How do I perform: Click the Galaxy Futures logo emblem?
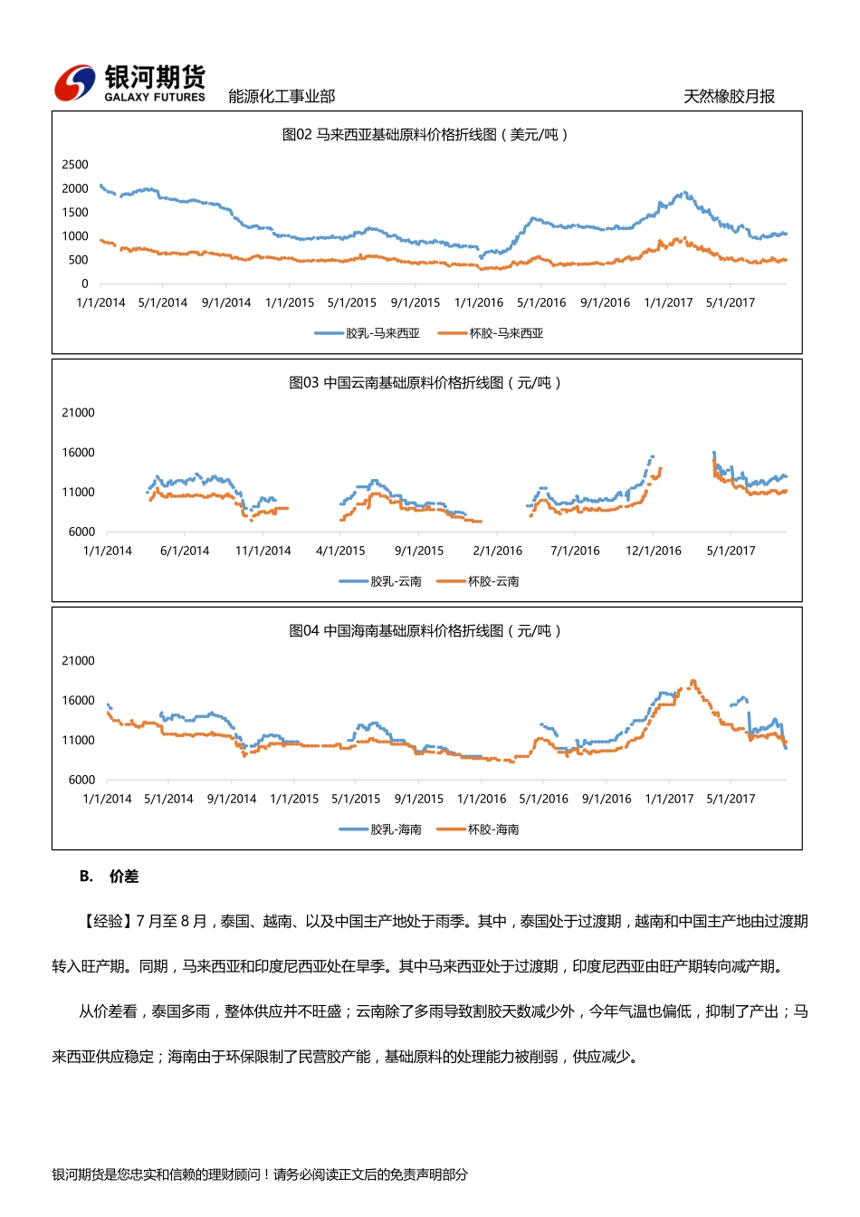pos(74,84)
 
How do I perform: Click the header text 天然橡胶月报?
pos(729,97)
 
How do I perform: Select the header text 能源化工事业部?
pos(282,97)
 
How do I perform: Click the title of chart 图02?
pos(425,135)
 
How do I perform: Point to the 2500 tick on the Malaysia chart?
pos(75,165)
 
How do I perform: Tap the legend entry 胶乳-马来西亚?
pos(368,333)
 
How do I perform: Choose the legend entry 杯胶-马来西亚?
pos(491,333)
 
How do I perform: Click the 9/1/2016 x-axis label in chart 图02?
pos(605,303)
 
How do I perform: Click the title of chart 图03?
pos(425,383)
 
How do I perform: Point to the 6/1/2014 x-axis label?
pos(185,551)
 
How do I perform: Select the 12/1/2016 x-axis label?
pos(654,551)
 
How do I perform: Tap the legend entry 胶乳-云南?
pos(381,581)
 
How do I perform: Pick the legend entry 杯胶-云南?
pos(479,581)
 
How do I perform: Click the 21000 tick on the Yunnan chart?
pos(78,413)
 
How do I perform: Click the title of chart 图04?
pos(425,631)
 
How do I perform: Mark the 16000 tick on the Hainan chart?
pos(78,701)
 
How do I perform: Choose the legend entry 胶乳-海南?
pos(381,829)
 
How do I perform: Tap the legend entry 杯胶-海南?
pos(479,829)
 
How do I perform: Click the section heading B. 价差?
pos(109,877)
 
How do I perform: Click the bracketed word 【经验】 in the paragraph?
pos(105,922)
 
